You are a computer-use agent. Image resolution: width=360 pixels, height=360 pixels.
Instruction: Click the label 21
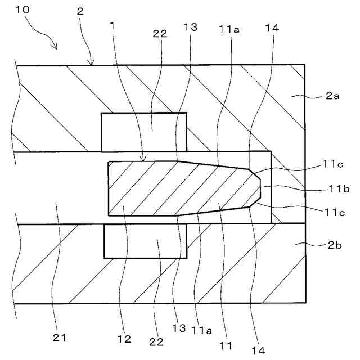[60, 337]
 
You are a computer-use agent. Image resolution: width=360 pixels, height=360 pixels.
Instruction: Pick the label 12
[124, 339]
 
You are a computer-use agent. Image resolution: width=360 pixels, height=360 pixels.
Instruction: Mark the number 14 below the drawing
[258, 349]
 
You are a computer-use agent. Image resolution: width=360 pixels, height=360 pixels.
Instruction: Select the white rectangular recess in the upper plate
[143, 132]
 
